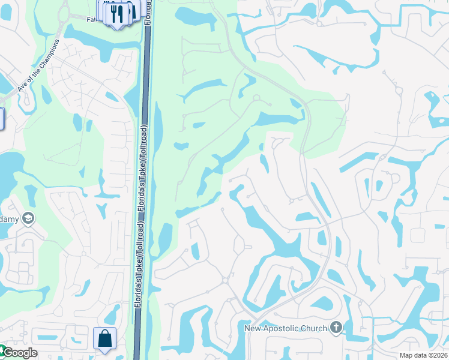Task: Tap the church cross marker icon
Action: [336, 328]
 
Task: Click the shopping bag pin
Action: [104, 338]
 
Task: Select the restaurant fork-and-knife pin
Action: [118, 13]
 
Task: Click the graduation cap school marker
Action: [27, 218]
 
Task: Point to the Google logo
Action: [19, 353]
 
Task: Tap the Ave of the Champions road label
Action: [39, 65]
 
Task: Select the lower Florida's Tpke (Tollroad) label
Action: [138, 265]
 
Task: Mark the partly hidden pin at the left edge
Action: [2, 118]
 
